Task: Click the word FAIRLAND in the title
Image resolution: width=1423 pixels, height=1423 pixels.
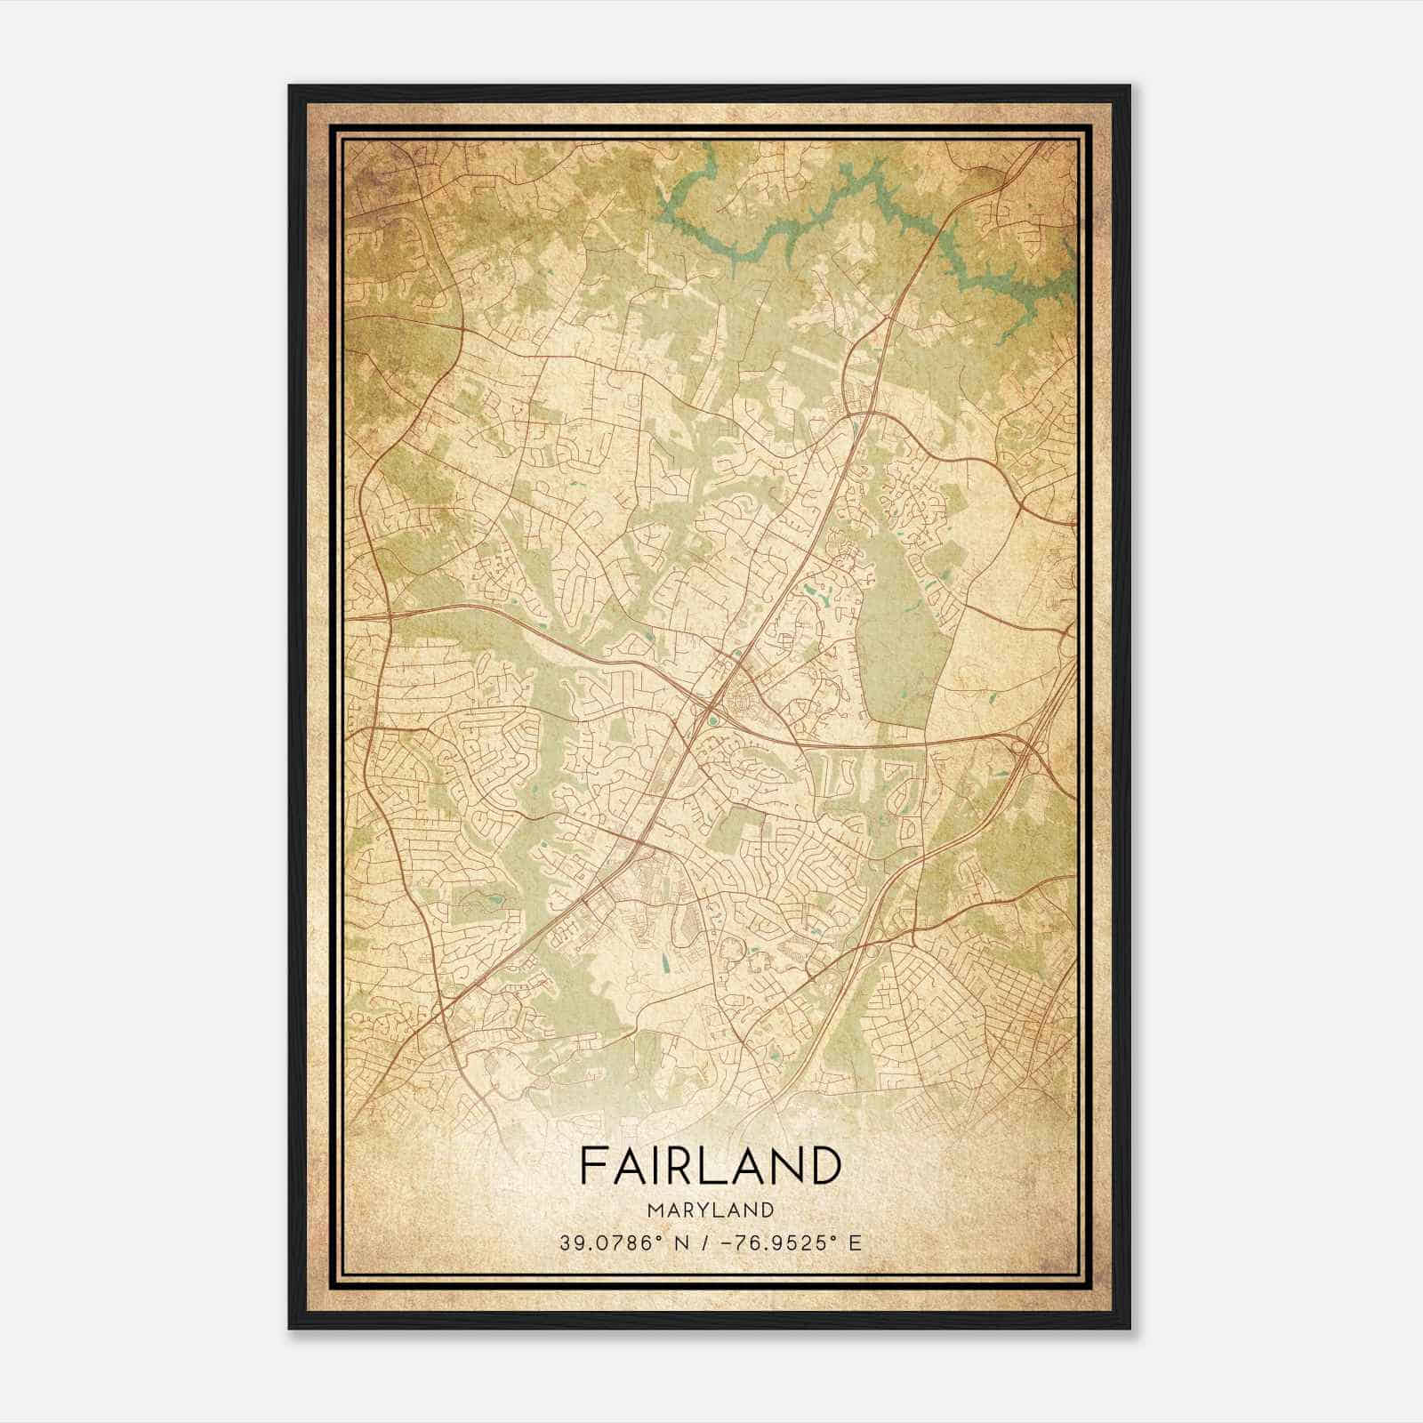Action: [710, 1166]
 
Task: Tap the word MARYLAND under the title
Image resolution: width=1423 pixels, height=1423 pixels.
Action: [710, 1210]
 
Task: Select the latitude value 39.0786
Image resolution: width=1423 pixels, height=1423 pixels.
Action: [604, 1243]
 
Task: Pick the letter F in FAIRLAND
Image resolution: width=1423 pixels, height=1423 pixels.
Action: [593, 1166]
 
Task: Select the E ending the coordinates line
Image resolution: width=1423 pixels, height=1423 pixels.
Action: [855, 1243]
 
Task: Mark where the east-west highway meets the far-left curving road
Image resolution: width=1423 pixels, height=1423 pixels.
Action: [390, 614]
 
